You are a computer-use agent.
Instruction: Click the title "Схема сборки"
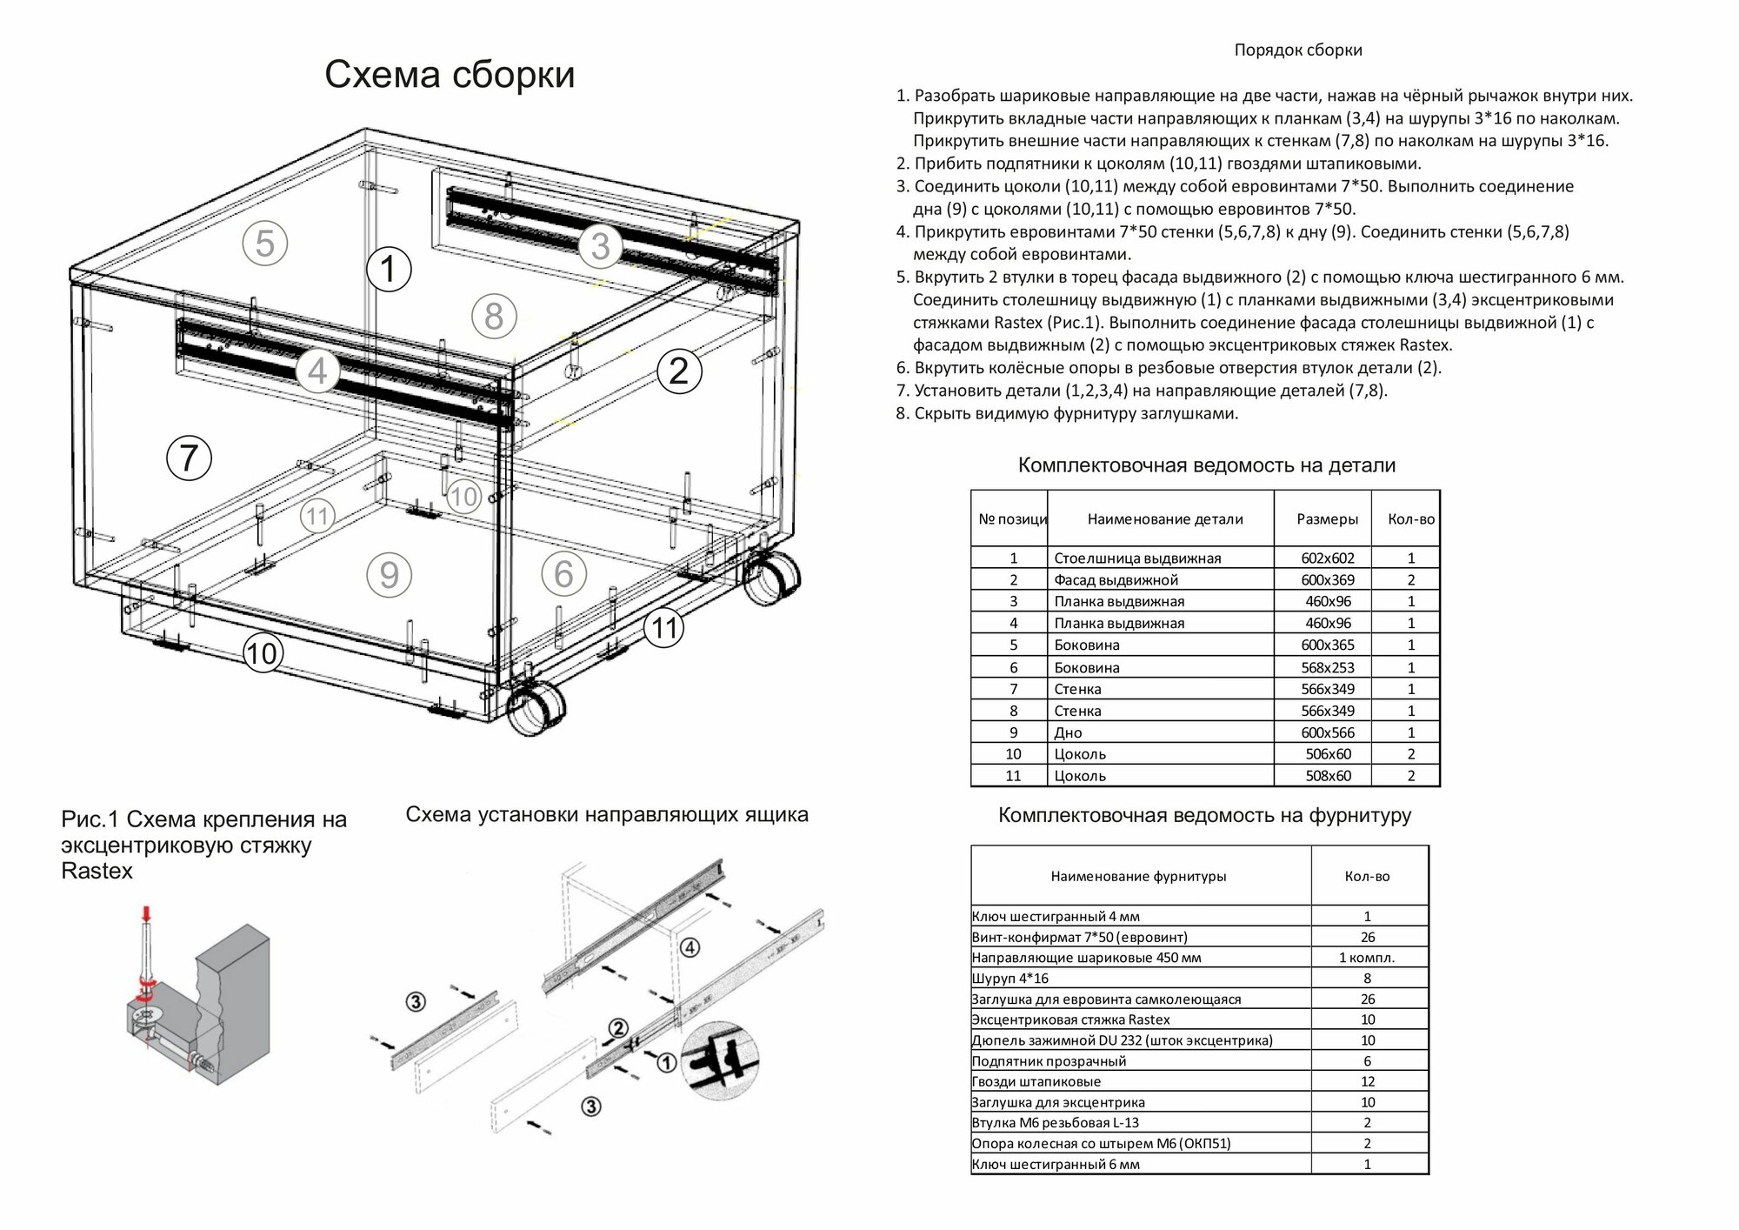point(450,75)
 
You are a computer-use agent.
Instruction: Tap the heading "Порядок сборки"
point(1297,50)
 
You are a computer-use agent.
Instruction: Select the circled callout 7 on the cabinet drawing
point(189,458)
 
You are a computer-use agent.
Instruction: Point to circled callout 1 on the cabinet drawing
point(388,269)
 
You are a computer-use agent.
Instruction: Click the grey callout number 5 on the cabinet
point(264,243)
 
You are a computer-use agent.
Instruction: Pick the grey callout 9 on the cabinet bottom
point(389,575)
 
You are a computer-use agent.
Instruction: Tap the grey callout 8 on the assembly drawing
point(494,316)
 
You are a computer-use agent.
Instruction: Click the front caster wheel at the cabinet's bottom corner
point(534,708)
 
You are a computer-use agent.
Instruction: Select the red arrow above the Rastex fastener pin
point(146,914)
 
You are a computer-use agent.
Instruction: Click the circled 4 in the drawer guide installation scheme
point(690,947)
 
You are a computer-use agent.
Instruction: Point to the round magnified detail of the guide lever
point(719,1061)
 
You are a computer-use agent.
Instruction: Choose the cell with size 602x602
point(1327,558)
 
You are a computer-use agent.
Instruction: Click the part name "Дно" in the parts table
point(1068,733)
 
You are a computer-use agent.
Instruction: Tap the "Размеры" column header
point(1327,519)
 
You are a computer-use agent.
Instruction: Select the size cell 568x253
point(1327,668)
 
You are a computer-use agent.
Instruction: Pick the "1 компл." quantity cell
point(1367,958)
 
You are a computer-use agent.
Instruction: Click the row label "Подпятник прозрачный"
point(1049,1061)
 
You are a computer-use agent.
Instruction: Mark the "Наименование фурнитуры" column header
point(1138,877)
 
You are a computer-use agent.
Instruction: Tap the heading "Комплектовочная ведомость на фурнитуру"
point(1204,816)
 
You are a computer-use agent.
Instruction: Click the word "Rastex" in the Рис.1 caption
point(97,871)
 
